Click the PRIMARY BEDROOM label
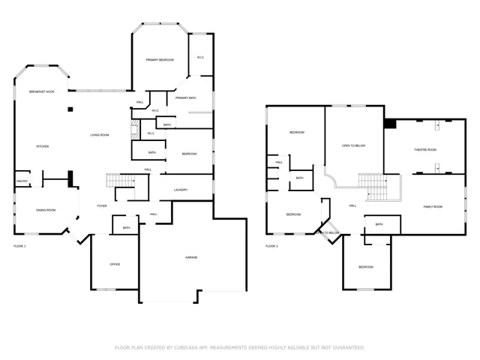160,59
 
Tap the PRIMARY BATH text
186,98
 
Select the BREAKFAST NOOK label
41,91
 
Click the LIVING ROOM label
100,135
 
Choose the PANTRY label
22,181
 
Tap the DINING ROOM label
46,210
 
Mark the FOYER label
101,205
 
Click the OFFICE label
115,264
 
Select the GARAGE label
191,257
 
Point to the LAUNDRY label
180,190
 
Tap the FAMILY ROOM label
433,206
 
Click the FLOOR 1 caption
19,246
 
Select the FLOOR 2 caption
271,246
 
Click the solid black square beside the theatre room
389,124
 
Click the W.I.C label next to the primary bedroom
200,58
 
